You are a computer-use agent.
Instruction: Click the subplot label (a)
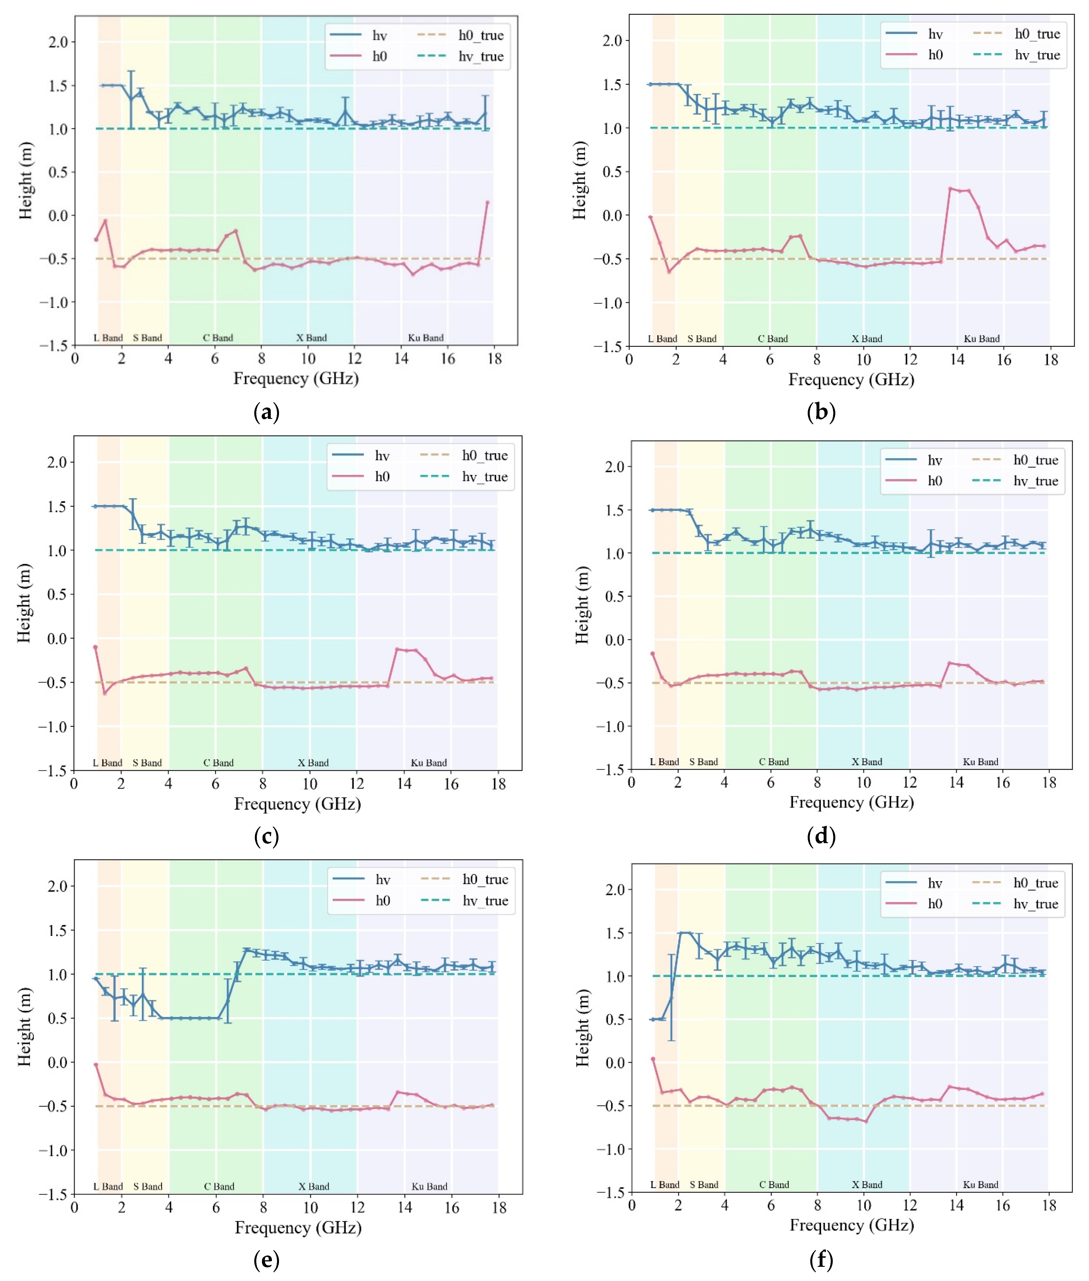point(267,412)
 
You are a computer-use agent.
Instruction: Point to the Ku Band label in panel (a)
point(425,338)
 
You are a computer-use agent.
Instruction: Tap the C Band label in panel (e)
point(219,1186)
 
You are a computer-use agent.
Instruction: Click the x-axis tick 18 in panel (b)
point(1050,360)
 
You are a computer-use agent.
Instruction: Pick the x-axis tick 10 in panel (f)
point(864,1205)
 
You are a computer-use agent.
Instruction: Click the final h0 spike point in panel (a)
point(487,203)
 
